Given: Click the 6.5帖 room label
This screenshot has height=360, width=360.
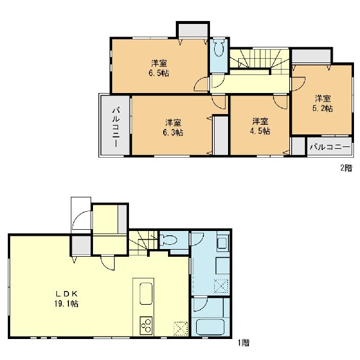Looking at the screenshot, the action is point(159,68).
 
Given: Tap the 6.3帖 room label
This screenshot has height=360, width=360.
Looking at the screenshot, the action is point(173,127).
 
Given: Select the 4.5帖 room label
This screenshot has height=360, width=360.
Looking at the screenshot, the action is point(260,126).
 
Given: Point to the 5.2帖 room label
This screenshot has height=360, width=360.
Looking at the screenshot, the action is point(323,104).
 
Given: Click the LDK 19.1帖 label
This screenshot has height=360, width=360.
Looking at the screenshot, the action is point(67,299).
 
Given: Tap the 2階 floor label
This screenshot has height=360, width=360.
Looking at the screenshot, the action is point(346,168).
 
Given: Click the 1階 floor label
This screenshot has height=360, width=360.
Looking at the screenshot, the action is point(244,343).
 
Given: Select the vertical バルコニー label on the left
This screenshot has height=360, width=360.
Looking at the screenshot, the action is point(116,127).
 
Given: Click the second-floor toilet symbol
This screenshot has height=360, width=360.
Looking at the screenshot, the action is point(219,47).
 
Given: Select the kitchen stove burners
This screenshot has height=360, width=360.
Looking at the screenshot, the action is point(146,325).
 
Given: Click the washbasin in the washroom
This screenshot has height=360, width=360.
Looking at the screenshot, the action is point(222,244).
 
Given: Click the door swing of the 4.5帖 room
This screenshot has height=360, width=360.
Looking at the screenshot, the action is point(280,102).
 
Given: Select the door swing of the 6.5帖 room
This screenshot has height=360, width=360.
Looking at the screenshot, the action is point(201,84).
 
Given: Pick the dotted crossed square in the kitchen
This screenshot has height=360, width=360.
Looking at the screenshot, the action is point(181,329).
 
